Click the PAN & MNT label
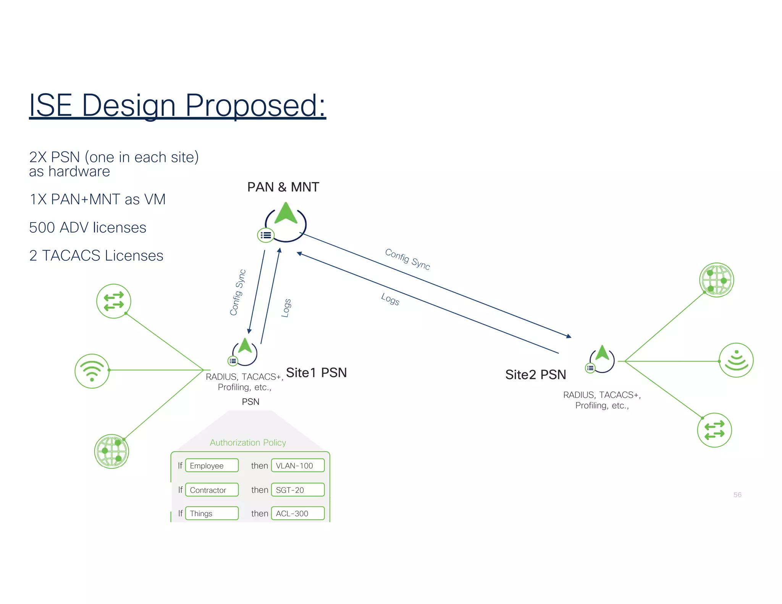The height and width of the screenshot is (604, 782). tap(283, 187)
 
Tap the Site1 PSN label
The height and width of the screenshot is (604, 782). tap(316, 373)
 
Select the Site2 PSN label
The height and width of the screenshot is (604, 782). tap(535, 375)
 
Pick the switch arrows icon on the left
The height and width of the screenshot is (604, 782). tap(113, 301)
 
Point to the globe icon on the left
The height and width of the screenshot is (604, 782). tap(111, 451)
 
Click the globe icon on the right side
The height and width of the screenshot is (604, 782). tap(716, 280)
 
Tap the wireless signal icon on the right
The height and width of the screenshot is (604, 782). tap(736, 360)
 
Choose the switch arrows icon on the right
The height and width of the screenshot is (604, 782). tap(714, 430)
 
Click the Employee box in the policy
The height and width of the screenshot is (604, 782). tap(212, 466)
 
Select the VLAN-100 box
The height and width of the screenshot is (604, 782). tap(298, 466)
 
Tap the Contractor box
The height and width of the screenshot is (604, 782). tap(212, 490)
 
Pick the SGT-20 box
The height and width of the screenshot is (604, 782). tap(298, 490)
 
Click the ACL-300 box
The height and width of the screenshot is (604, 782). tap(298, 514)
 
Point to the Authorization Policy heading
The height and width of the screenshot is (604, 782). tap(248, 443)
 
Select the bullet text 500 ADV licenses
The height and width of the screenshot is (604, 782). tap(87, 228)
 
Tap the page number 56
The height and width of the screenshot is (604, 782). tap(737, 495)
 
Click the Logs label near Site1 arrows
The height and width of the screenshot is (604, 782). tap(286, 308)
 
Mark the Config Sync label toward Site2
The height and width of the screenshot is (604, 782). tap(407, 259)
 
